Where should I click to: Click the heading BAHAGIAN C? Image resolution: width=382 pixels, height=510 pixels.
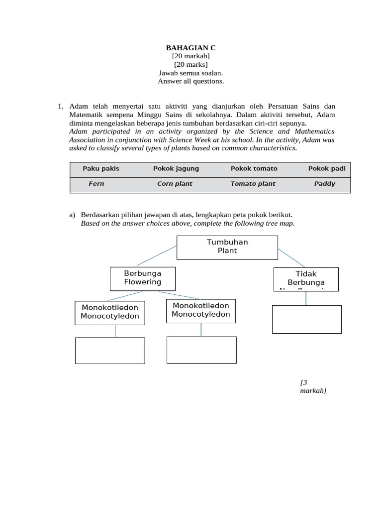[x=191, y=48]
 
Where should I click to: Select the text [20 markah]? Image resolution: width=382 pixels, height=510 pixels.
[x=191, y=56]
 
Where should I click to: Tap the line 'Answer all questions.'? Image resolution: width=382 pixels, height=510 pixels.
[x=191, y=81]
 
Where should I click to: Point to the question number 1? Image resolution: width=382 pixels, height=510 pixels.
[x=60, y=106]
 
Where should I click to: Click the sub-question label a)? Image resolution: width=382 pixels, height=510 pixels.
[x=72, y=215]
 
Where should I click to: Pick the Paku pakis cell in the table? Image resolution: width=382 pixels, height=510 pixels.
[x=101, y=169]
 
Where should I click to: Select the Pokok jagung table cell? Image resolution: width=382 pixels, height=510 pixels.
[x=176, y=169]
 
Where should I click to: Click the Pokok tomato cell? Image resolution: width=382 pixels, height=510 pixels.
[x=254, y=169]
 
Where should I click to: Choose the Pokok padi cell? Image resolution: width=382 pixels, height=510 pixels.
[x=327, y=169]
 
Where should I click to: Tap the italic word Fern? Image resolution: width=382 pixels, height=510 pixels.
[x=96, y=184]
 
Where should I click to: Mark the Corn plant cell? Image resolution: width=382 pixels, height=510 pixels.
[x=175, y=184]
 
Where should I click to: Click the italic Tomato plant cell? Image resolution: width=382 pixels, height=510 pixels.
[x=253, y=184]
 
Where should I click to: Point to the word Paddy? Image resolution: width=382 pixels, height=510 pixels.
[x=325, y=184]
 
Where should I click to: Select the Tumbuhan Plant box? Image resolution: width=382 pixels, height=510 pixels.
[x=227, y=247]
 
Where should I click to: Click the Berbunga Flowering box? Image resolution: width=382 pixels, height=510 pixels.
[x=143, y=278]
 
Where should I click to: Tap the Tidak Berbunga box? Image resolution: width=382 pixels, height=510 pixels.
[x=306, y=279]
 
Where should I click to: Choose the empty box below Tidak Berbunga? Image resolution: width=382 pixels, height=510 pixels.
[x=306, y=319]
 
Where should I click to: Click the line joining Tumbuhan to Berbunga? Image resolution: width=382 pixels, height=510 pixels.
[x=157, y=255]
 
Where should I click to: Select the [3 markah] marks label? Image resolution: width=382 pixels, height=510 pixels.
[x=313, y=386]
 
